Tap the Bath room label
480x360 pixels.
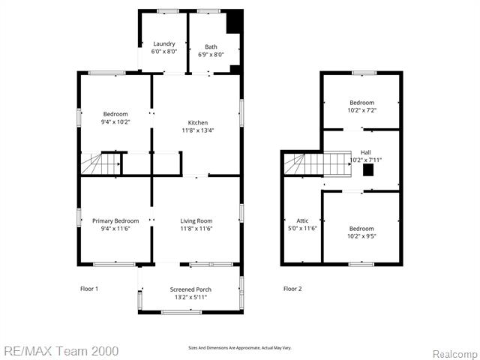(x=211, y=47)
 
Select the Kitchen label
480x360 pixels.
(x=198, y=123)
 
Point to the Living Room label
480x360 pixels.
(x=196, y=220)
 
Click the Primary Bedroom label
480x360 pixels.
(x=115, y=220)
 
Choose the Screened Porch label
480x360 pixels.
(x=190, y=289)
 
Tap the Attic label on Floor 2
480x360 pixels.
(x=302, y=220)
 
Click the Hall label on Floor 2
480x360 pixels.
(x=366, y=152)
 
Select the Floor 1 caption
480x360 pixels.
(x=89, y=289)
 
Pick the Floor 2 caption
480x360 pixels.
(x=292, y=289)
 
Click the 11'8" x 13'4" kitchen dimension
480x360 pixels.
(x=198, y=130)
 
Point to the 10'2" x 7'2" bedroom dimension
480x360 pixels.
(x=361, y=110)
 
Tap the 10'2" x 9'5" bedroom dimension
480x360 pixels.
(x=361, y=236)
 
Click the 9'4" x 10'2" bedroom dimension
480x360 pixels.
(x=115, y=121)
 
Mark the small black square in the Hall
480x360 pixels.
(x=367, y=169)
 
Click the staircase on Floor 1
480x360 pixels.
(x=100, y=163)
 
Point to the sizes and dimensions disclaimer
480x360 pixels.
(x=239, y=348)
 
